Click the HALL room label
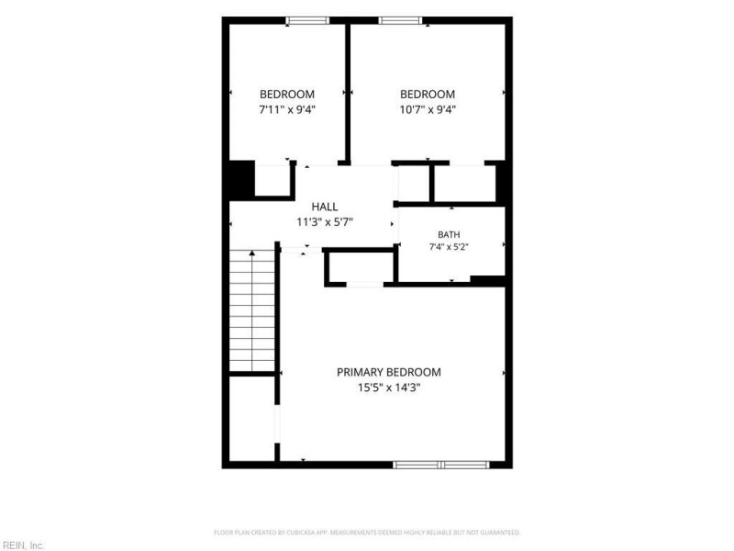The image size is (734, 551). (x=325, y=207)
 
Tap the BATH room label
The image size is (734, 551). (x=449, y=235)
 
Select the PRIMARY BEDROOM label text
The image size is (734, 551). (x=388, y=372)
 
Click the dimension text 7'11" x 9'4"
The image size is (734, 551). (x=287, y=109)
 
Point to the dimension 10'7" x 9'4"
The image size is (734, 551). (x=428, y=109)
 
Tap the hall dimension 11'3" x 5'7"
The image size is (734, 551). (x=325, y=222)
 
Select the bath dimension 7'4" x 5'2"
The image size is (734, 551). (x=449, y=247)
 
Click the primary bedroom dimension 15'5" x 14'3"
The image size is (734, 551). (x=388, y=388)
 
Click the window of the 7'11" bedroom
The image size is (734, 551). (x=307, y=20)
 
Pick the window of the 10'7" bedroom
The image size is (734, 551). (x=400, y=20)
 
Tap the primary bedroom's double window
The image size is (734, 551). (x=441, y=465)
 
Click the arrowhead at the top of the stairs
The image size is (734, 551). (x=251, y=253)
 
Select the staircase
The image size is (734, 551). (x=251, y=310)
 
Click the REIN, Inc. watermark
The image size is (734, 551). (x=22, y=545)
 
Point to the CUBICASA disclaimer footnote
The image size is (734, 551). (x=367, y=533)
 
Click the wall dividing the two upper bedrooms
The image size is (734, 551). (x=348, y=93)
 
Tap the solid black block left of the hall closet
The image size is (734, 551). (x=241, y=180)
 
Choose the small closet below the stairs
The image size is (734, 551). (x=251, y=419)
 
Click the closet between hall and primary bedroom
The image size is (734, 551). (x=361, y=267)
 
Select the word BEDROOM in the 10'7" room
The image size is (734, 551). (x=428, y=95)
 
